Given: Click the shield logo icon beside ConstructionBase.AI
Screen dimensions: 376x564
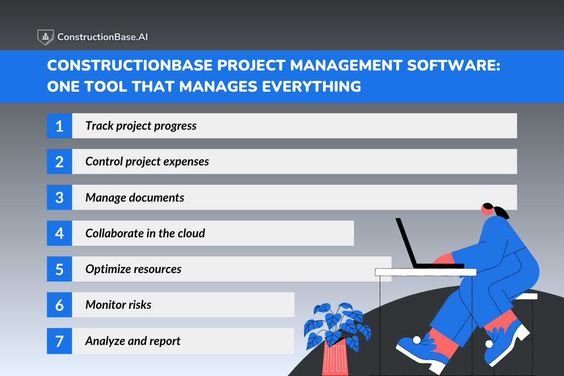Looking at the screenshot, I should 45,37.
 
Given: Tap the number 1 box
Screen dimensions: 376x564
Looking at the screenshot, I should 59,126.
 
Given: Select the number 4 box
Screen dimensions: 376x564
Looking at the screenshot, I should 59,233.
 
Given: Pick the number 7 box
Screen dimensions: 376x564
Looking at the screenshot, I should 59,341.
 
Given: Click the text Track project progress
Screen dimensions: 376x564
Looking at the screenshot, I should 141,126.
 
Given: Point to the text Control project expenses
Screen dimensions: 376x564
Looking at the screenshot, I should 147,162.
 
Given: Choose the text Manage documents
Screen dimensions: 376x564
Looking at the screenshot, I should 134,197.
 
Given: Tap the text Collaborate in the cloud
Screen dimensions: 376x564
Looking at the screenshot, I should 145,233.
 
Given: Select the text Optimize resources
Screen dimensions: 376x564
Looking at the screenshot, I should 133,269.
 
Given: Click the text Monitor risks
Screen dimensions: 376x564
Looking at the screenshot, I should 118,305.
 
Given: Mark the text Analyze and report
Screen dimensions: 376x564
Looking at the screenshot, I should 133,341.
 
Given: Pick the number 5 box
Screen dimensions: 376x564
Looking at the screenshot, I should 59,269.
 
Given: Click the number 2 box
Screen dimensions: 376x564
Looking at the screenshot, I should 59,162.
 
